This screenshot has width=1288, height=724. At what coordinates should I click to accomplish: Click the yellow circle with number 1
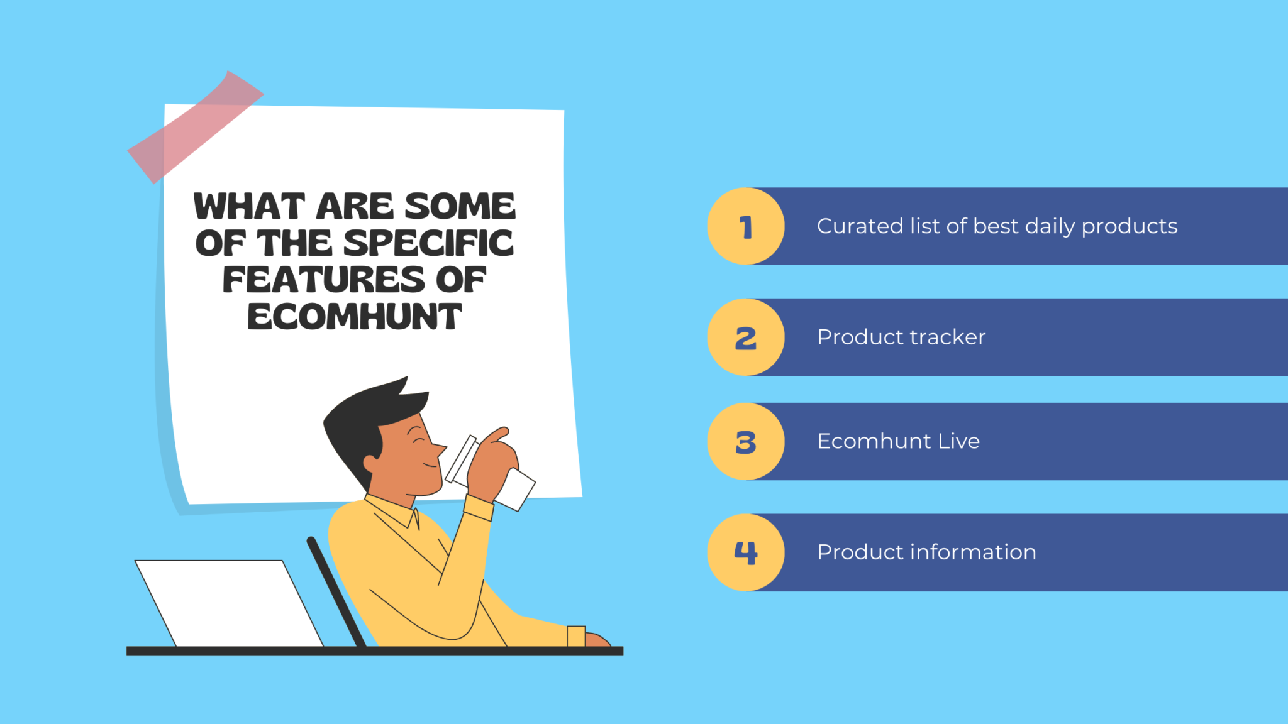click(746, 226)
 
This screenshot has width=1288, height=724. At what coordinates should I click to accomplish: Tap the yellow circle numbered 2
click(746, 337)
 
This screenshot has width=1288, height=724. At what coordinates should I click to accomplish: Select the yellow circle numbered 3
click(746, 442)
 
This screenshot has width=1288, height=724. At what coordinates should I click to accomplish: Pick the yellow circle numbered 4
click(746, 552)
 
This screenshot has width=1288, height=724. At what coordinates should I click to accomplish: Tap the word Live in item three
click(959, 441)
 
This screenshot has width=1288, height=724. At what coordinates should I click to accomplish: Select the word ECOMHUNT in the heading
click(355, 317)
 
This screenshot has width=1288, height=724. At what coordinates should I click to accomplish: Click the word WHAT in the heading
click(249, 207)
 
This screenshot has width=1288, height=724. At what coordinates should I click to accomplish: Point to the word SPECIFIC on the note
click(428, 243)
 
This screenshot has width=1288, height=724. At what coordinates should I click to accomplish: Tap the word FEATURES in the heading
click(323, 280)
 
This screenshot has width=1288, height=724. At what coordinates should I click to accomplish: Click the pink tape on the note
click(196, 127)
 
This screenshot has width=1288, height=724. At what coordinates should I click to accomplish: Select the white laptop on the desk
click(230, 603)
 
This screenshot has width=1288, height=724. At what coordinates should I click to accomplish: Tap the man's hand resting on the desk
click(597, 639)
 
